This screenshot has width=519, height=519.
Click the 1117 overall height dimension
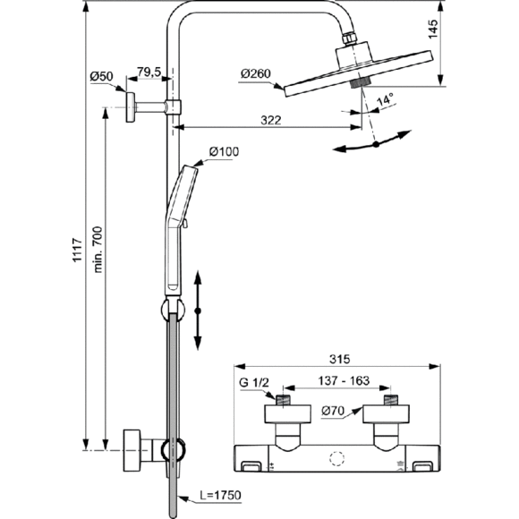click(x=77, y=250)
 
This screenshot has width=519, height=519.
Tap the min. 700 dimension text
click(x=98, y=250)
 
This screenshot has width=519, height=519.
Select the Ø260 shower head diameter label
click(x=256, y=73)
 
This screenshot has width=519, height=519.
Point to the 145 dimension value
click(x=433, y=30)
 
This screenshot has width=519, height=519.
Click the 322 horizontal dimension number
click(x=271, y=120)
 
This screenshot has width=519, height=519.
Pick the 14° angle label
click(x=386, y=99)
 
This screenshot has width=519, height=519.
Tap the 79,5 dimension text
click(x=149, y=72)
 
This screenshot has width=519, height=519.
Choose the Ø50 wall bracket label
click(x=101, y=76)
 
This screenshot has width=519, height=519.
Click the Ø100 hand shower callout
click(x=224, y=151)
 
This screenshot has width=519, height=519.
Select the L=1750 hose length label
click(x=221, y=495)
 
